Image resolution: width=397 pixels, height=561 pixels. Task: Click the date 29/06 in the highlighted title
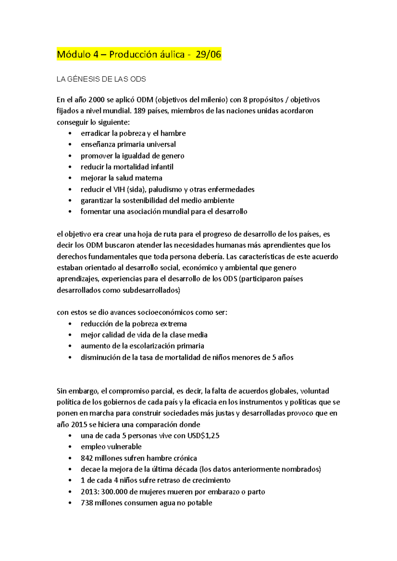[208, 54]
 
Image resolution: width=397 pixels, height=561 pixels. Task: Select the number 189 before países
[140, 111]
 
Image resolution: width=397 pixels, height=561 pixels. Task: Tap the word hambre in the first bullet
[173, 133]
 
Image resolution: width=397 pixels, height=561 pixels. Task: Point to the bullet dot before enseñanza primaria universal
[70, 145]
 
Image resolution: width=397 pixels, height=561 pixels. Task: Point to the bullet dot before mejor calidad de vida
[70, 335]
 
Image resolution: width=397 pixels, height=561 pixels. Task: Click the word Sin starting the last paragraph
[62, 391]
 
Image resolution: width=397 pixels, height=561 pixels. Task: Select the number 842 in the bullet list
[87, 458]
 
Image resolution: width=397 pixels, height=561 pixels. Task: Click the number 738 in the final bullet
[87, 503]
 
